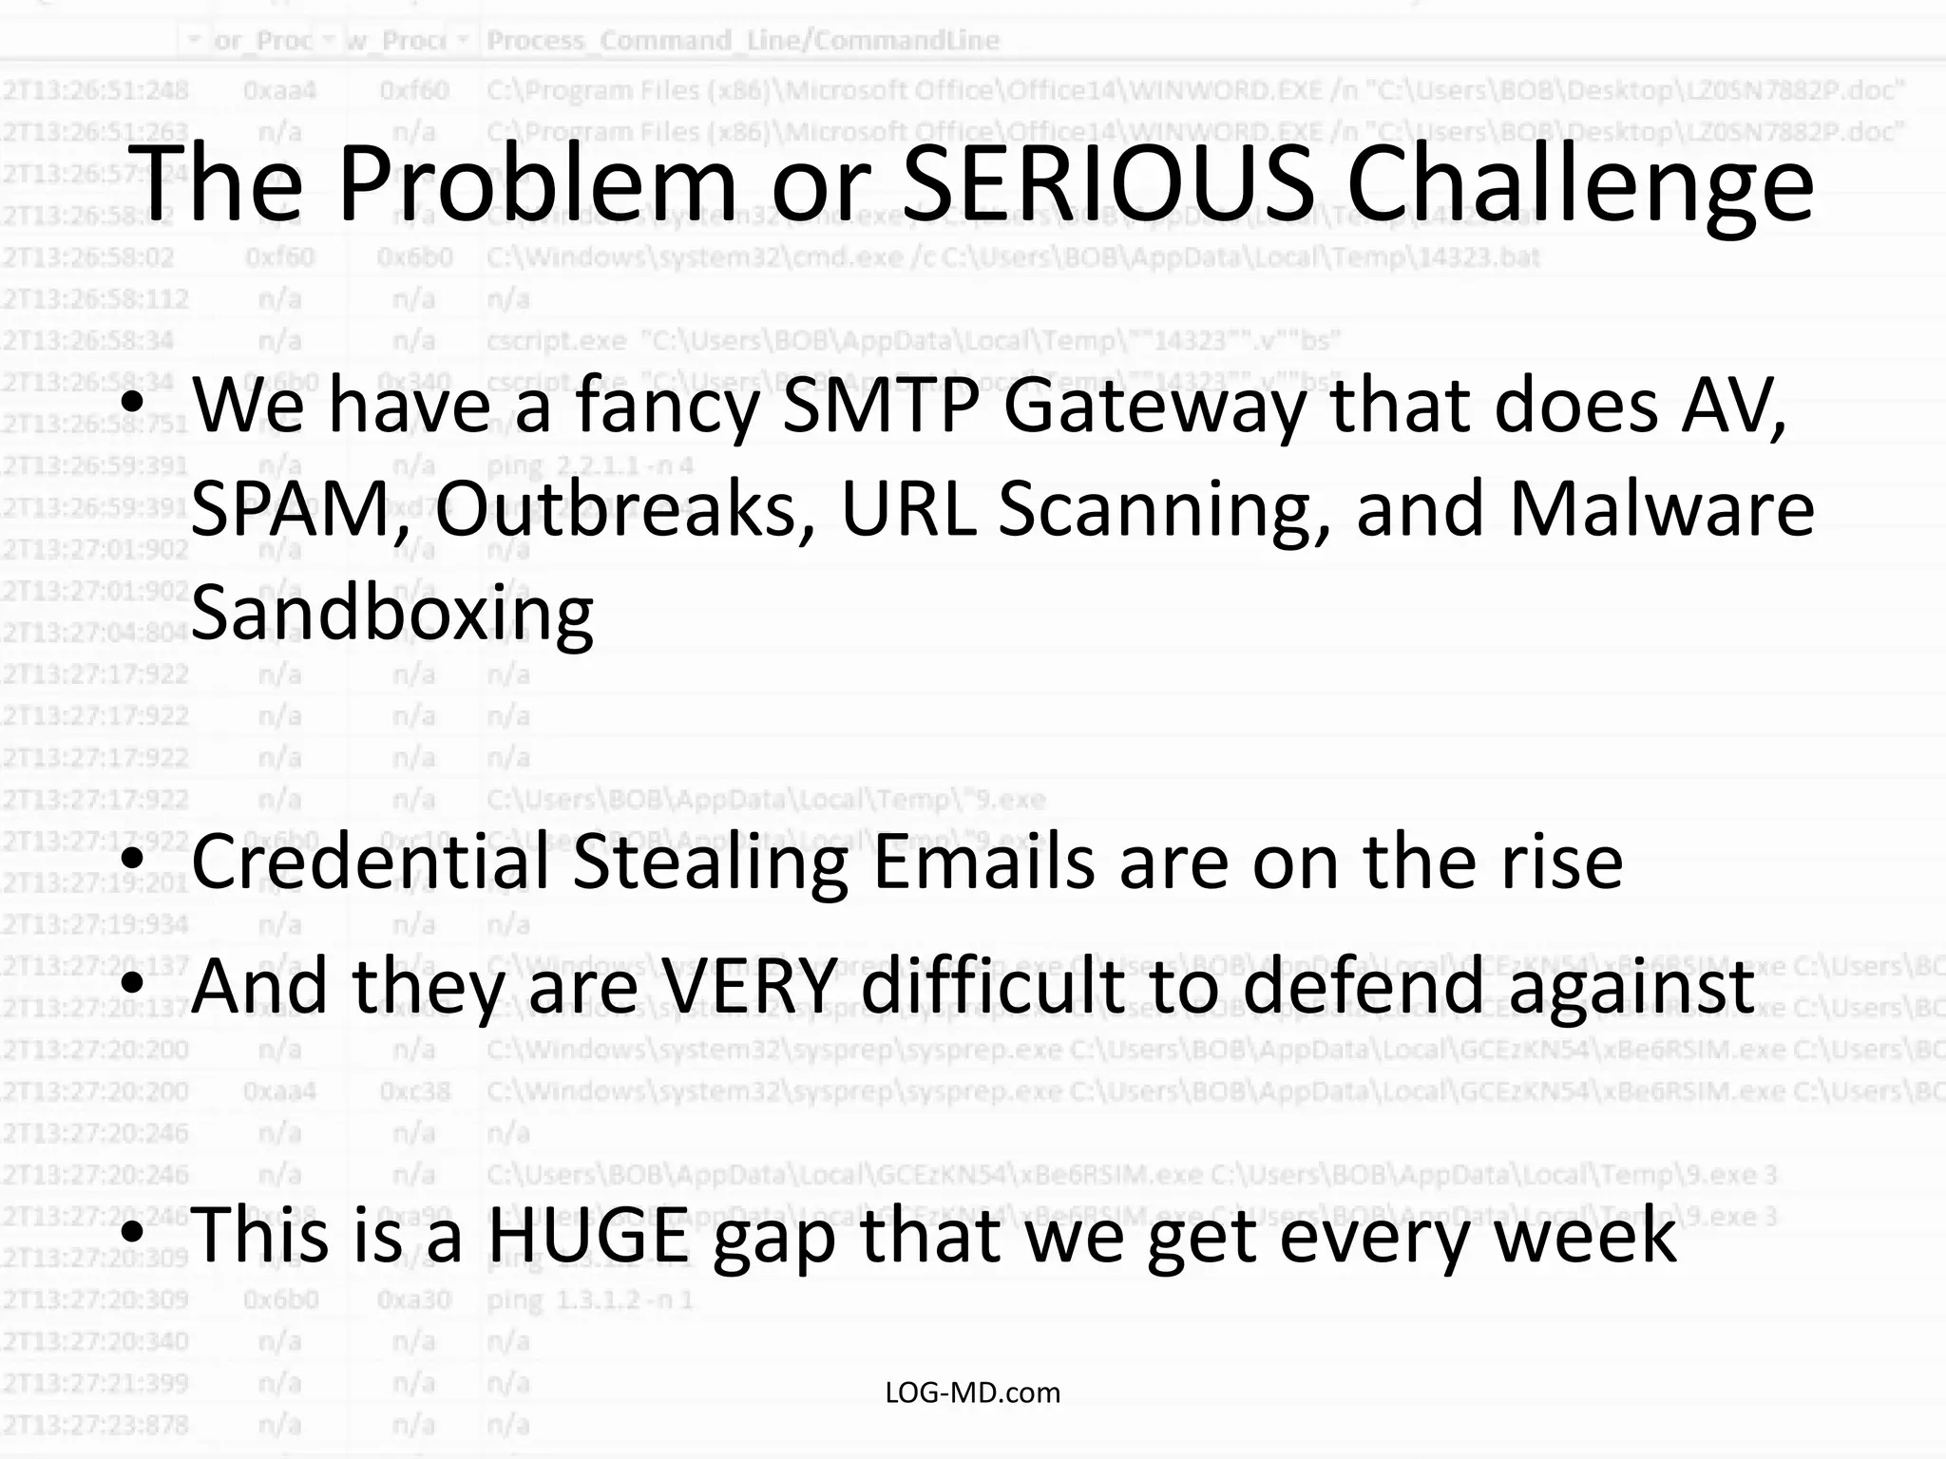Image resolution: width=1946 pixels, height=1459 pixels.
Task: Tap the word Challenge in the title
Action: point(1579,185)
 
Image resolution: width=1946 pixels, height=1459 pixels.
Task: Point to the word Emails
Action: point(983,862)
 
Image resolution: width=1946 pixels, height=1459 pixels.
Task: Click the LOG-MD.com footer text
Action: point(972,1393)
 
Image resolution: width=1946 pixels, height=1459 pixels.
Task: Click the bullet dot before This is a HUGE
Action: point(133,1233)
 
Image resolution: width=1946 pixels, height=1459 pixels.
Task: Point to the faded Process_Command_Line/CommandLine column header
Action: point(742,41)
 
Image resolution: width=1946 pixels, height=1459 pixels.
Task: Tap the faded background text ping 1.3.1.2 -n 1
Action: point(589,1299)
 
